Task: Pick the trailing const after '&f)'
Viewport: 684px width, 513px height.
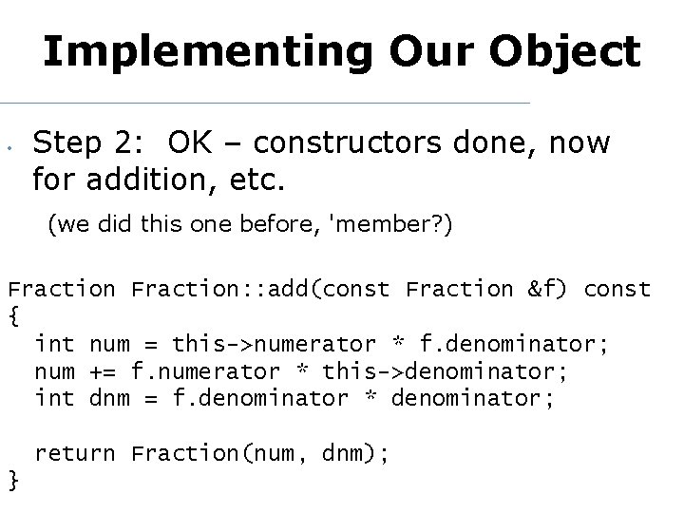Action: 617,289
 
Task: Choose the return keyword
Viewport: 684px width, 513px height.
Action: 75,453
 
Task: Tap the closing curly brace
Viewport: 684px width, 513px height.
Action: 12,481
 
